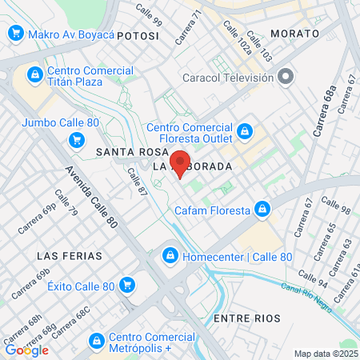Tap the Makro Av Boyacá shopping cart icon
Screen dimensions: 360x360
pyautogui.click(x=14, y=34)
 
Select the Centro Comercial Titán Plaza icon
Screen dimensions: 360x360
pyautogui.click(x=34, y=75)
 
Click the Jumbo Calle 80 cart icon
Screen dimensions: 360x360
pyautogui.click(x=77, y=141)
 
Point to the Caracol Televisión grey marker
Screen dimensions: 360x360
pyautogui.click(x=286, y=77)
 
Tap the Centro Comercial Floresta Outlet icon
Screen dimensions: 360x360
pyautogui.click(x=245, y=130)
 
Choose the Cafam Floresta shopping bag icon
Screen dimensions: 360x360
pyautogui.click(x=261, y=210)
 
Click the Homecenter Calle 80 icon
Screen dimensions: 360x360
pyautogui.click(x=170, y=257)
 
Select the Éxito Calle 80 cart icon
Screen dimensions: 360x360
pyautogui.click(x=126, y=284)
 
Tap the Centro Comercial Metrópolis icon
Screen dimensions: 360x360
pyautogui.click(x=96, y=341)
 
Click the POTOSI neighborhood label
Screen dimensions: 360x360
pyautogui.click(x=138, y=36)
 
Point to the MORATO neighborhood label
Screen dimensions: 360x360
pyautogui.click(x=294, y=34)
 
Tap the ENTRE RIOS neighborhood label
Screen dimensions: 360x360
pyautogui.click(x=247, y=318)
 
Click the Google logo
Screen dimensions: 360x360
pyautogui.click(x=26, y=350)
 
